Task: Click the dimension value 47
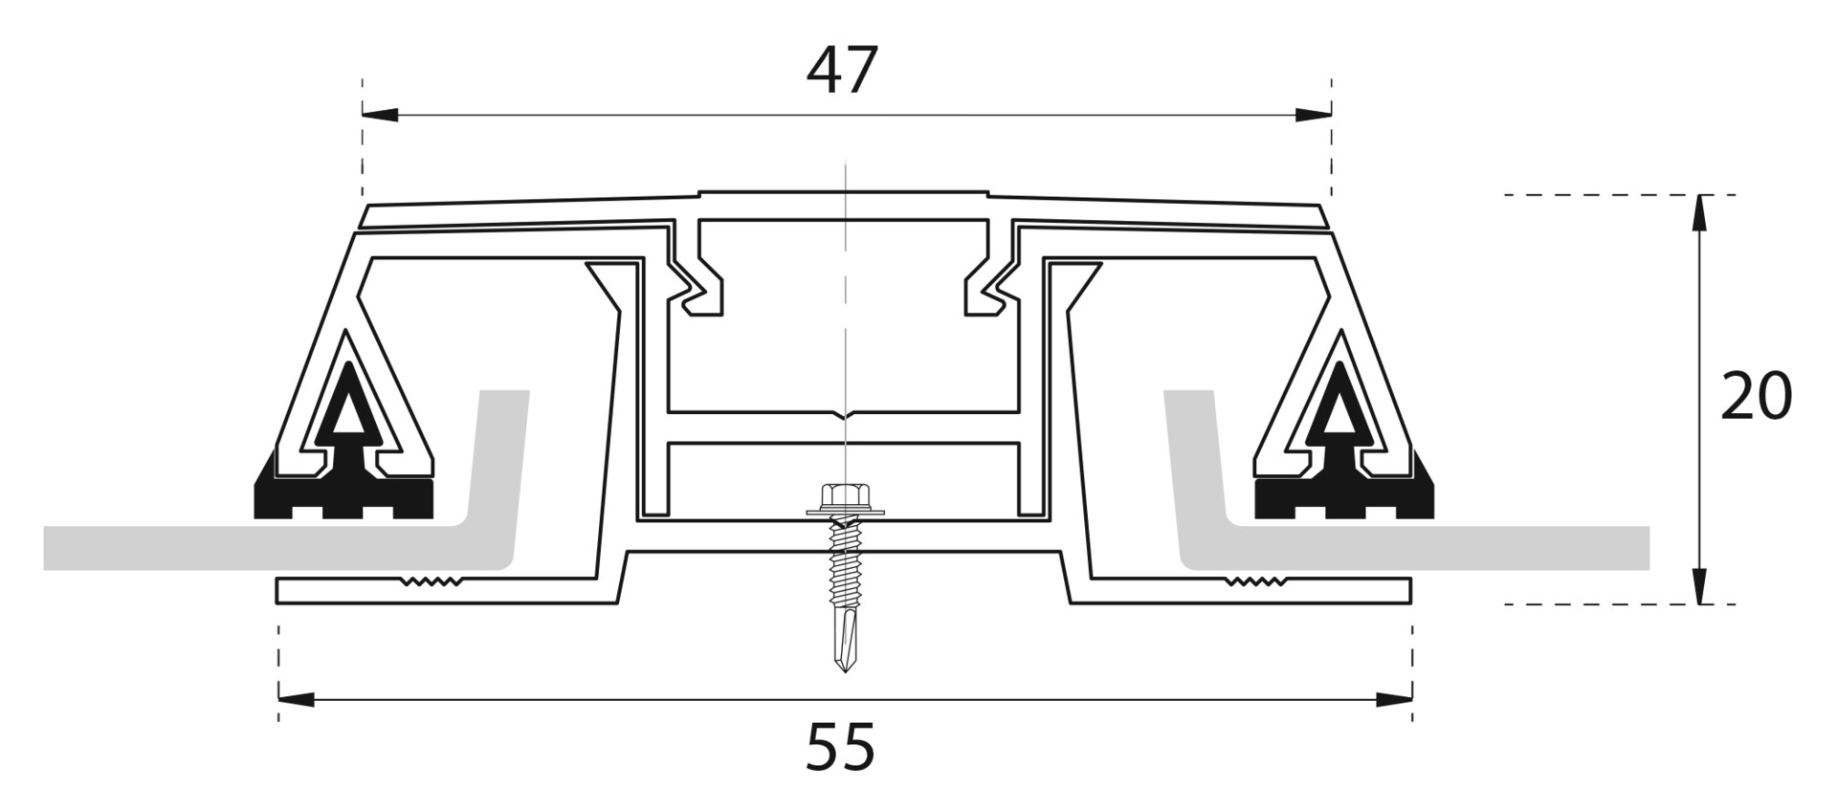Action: [842, 71]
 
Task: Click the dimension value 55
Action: [840, 747]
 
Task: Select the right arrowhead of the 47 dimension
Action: [1313, 115]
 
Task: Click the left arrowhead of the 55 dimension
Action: [297, 699]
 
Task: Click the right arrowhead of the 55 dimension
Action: [1394, 699]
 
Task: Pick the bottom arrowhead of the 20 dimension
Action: [1699, 585]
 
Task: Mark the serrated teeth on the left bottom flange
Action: [431, 580]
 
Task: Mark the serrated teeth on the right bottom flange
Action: [1255, 580]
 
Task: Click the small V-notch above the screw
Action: [844, 416]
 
